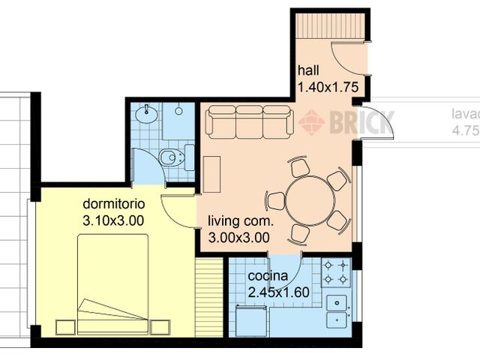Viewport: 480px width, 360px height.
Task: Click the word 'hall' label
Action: coord(308,70)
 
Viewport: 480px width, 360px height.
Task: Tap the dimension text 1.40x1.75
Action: coord(327,87)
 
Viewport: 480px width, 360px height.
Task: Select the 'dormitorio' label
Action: coord(112,204)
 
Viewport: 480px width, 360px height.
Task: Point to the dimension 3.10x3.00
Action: coord(113,220)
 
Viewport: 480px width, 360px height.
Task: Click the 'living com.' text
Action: coord(239,221)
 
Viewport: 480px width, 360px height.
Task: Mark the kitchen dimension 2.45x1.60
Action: coord(278,292)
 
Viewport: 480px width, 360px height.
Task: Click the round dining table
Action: coord(310,200)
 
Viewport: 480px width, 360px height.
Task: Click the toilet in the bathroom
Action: coord(172,157)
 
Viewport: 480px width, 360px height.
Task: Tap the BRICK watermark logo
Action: coord(345,121)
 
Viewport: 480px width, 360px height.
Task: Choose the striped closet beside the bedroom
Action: coord(209,298)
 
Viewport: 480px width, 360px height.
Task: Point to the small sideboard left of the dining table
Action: coord(211,174)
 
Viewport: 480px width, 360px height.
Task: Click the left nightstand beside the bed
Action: coord(65,327)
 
